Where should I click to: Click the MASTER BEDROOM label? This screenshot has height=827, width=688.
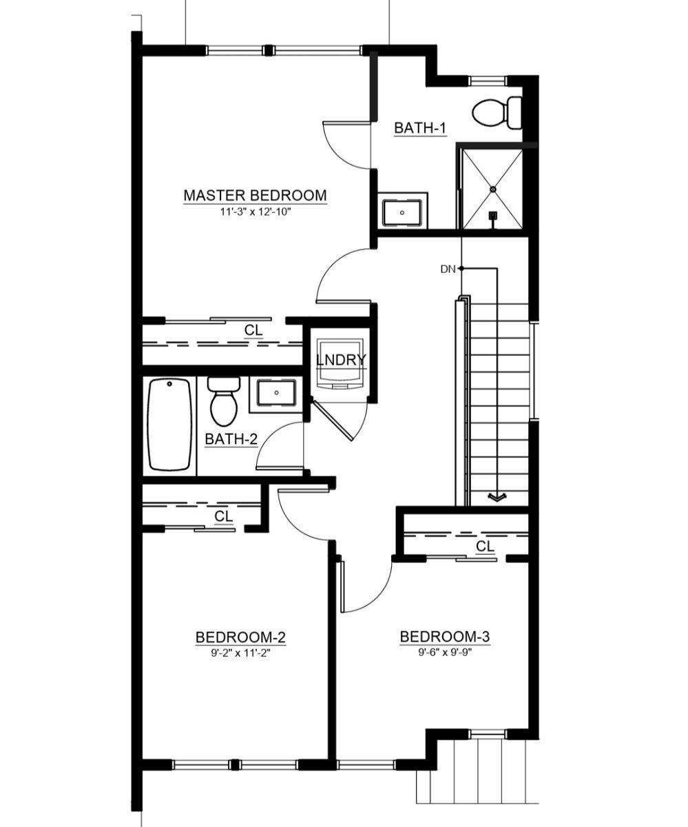point(255,196)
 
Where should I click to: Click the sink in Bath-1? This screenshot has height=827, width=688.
point(402,212)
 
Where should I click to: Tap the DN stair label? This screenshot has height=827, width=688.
point(448,269)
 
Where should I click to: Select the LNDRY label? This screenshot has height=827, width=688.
point(341,360)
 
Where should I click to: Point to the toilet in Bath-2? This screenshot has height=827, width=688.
point(222,403)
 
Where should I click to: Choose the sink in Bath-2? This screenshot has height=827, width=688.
point(276,394)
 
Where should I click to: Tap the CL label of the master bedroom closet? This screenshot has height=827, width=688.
point(253,331)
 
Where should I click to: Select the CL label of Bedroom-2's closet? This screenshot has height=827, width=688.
point(223,515)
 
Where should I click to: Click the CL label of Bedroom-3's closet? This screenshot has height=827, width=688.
point(486,547)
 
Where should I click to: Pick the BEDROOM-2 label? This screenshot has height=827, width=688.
point(240,637)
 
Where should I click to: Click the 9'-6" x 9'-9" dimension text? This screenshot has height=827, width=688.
point(445,653)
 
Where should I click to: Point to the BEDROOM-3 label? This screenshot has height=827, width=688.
point(445,637)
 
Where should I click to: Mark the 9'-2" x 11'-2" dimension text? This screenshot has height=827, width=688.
point(240,653)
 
